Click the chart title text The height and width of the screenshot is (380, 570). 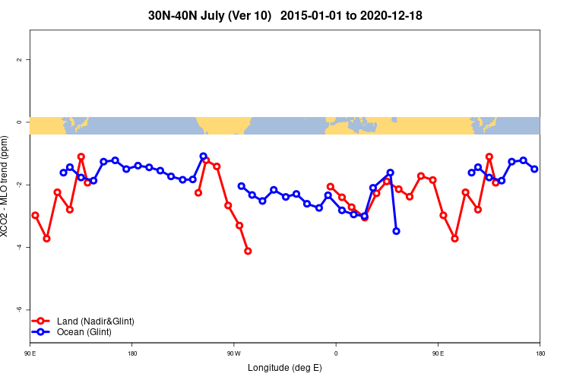pyautogui.click(x=285, y=14)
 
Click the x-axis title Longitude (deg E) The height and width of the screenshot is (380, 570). pyautogui.click(x=285, y=368)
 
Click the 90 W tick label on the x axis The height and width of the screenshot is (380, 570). pyautogui.click(x=233, y=353)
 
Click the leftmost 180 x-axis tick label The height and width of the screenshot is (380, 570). pyautogui.click(x=132, y=353)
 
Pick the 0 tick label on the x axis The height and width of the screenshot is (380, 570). pyautogui.click(x=335, y=353)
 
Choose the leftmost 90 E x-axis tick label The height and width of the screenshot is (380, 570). pyautogui.click(x=30, y=353)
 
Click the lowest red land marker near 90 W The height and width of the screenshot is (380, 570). pyautogui.click(x=248, y=251)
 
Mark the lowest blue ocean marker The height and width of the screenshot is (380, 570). pyautogui.click(x=396, y=231)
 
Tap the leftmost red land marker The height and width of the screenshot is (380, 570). pyautogui.click(x=35, y=215)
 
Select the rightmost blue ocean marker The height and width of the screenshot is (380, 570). pyautogui.click(x=534, y=169)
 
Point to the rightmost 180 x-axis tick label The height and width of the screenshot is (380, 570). pyautogui.click(x=540, y=353)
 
